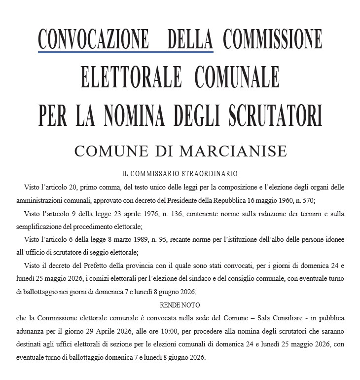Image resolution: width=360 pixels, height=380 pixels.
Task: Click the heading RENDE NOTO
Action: click(180, 304)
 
